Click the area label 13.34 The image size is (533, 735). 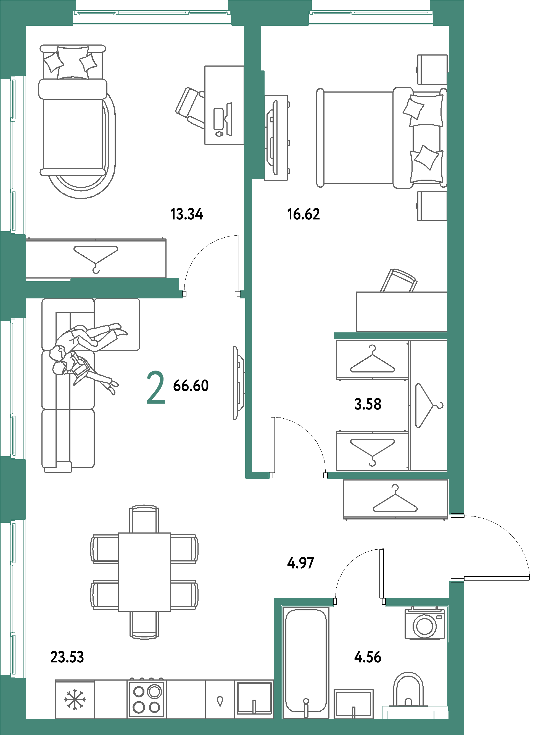pyautogui.click(x=187, y=214)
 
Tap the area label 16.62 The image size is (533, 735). pyautogui.click(x=304, y=214)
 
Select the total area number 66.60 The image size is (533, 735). pyautogui.click(x=191, y=386)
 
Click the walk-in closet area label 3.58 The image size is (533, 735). pyautogui.click(x=368, y=404)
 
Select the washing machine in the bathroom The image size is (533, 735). pyautogui.click(x=424, y=624)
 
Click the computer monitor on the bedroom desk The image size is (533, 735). pyautogui.click(x=229, y=119)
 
